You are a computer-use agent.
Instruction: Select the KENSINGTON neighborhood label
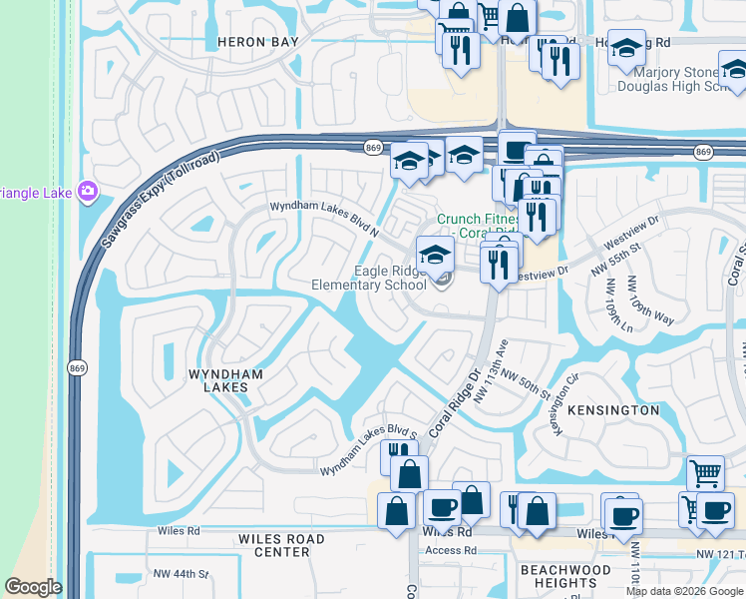coord(613,410)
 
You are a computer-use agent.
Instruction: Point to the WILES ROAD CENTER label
coord(281,545)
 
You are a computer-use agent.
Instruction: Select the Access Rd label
coord(450,550)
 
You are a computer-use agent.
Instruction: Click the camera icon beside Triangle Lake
coord(88,190)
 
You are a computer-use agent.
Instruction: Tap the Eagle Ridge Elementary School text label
coord(369,278)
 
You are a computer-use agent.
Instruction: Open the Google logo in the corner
coord(33,587)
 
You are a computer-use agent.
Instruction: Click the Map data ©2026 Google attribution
coord(684,591)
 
